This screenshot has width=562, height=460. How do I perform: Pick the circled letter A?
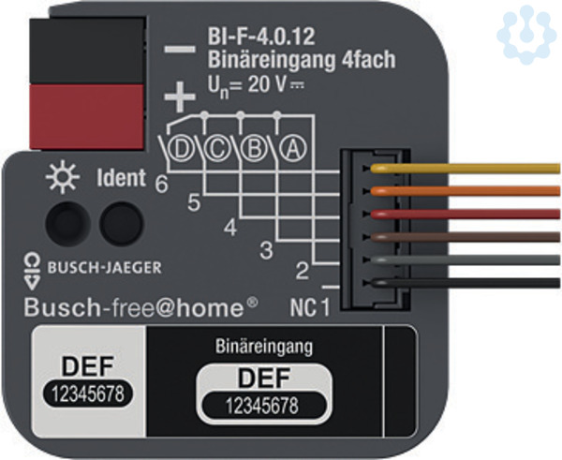pyautogui.click(x=293, y=148)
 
